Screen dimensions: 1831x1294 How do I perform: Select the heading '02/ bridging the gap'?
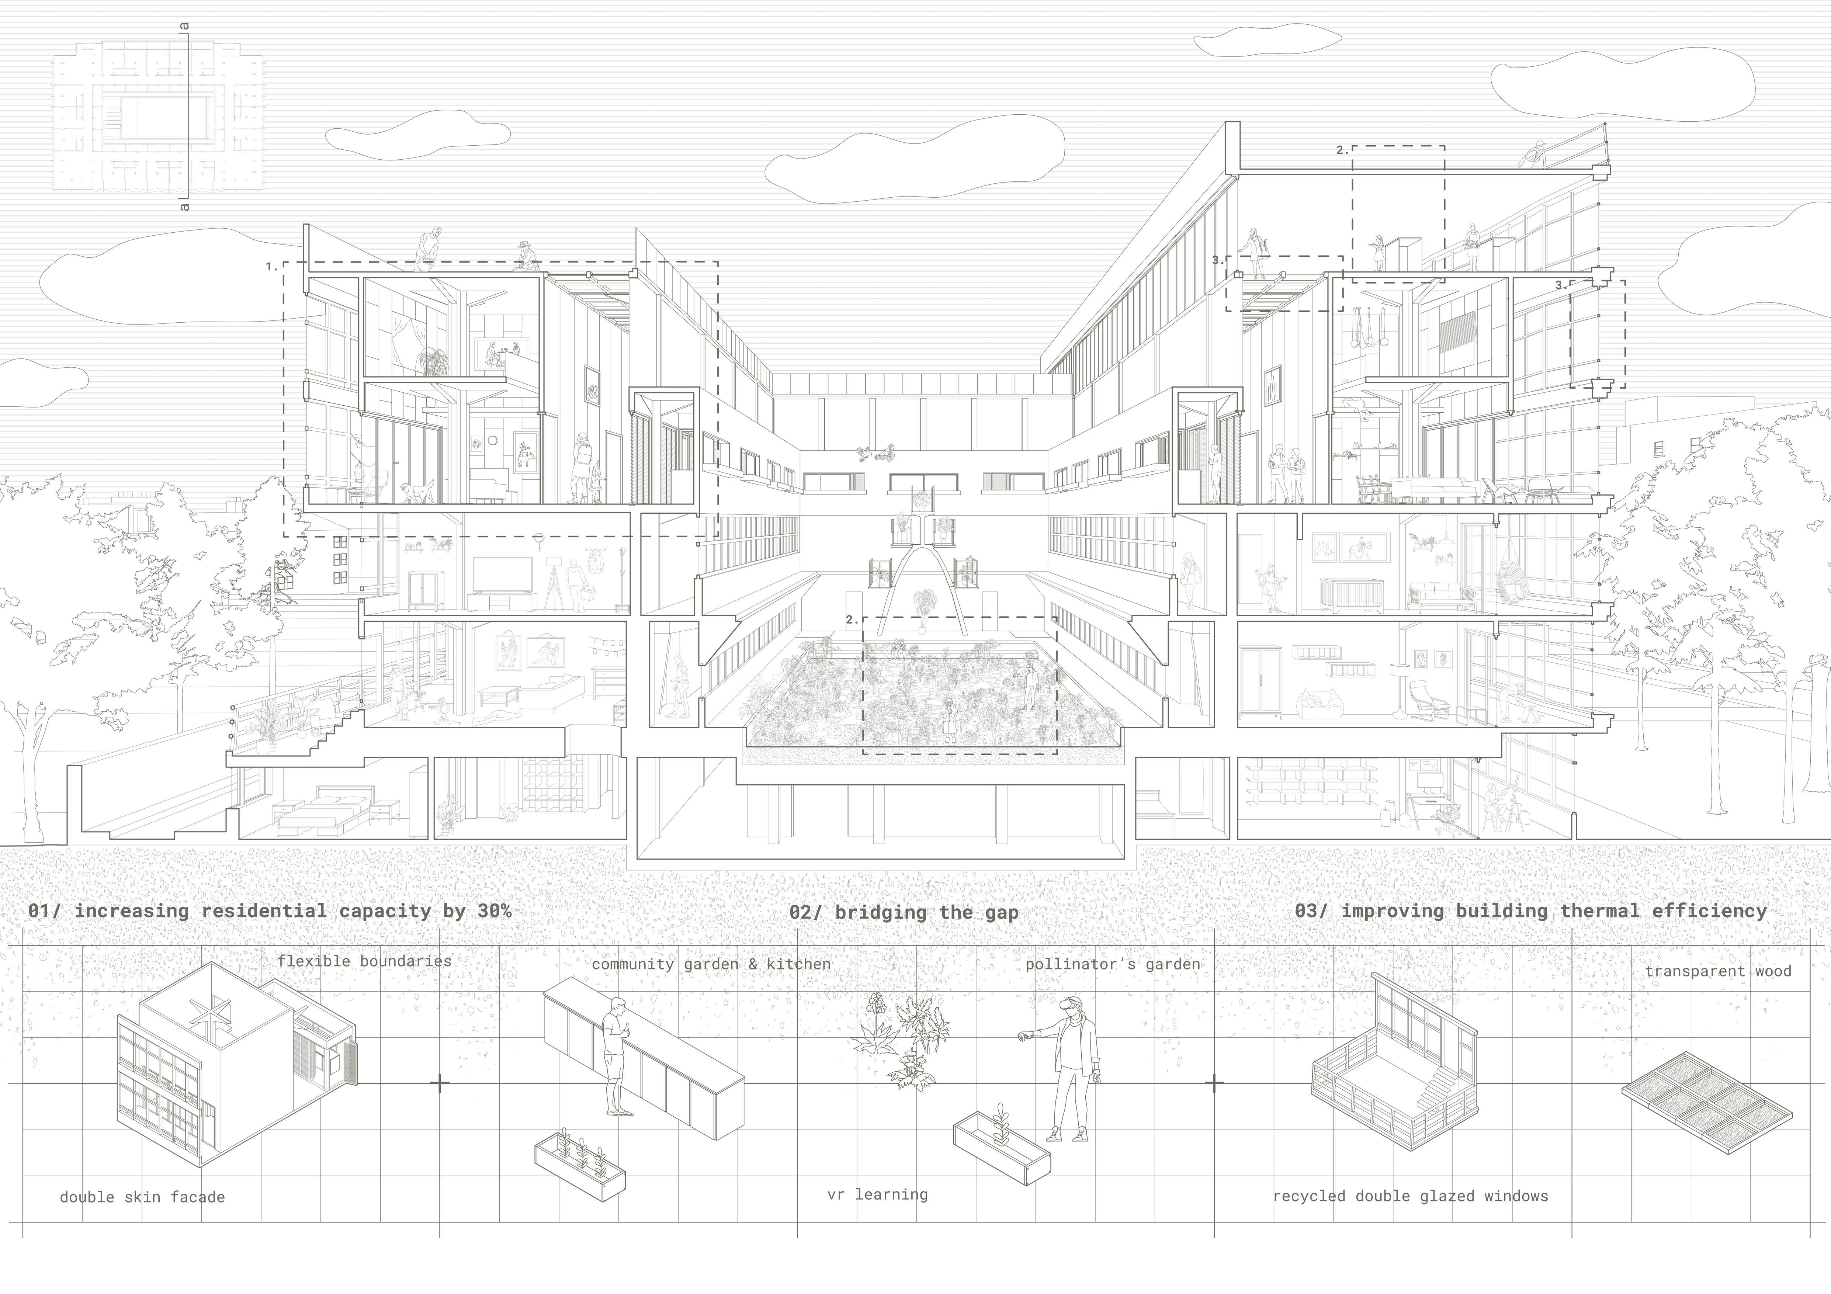pos(904,912)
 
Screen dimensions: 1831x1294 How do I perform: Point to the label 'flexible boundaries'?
pos(364,961)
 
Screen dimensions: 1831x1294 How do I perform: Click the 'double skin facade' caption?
pos(142,1197)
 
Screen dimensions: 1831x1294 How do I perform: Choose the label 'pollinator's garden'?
pos(1113,964)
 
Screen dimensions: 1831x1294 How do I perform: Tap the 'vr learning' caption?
pos(877,1194)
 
